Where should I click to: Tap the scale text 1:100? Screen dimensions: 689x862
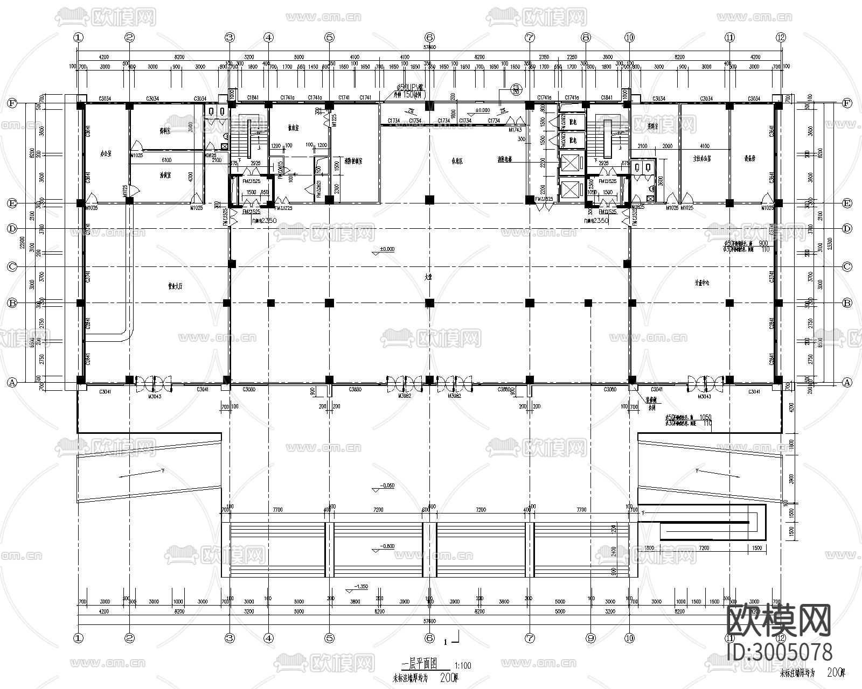pos(463,666)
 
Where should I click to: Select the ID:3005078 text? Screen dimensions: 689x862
pos(779,652)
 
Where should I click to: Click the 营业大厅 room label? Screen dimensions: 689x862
pos(176,287)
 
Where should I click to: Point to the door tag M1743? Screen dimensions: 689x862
pos(516,130)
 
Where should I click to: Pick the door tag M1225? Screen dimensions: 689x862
pos(334,118)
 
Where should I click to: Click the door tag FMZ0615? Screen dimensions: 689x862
pos(281,168)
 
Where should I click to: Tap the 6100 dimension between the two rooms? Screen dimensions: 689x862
pos(166,160)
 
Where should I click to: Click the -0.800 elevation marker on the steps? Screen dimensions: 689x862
pos(387,546)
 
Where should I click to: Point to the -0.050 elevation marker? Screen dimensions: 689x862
pos(386,486)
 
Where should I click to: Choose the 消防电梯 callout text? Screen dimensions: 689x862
pos(505,159)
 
